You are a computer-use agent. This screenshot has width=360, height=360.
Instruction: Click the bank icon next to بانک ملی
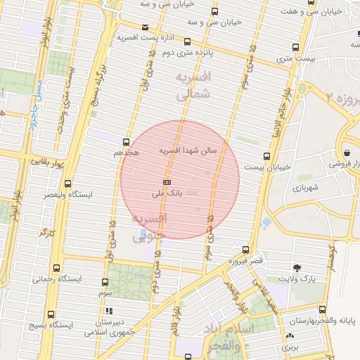tap(167, 181)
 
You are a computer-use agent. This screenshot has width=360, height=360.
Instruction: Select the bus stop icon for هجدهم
tap(127, 141)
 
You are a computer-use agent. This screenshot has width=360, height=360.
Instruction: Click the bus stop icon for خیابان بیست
tap(266, 156)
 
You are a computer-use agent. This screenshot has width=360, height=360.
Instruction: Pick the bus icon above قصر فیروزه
tap(245, 250)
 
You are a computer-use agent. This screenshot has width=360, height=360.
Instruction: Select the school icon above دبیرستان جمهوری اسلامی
tap(108, 311)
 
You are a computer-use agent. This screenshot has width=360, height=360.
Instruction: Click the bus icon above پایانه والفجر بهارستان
tap(322, 309)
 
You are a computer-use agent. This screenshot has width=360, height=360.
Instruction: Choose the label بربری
tap(290, 347)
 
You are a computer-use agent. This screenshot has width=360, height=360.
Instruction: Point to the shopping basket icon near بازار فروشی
tap(347, 152)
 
